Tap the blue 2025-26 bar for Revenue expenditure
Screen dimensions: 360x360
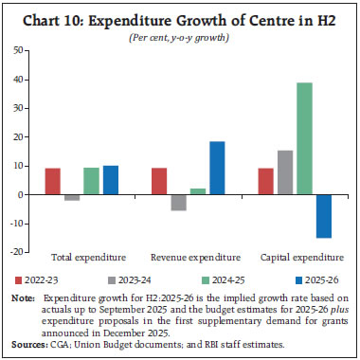point(217,168)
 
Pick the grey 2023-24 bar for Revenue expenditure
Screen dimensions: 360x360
point(177,202)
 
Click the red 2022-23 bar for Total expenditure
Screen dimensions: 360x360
point(53,181)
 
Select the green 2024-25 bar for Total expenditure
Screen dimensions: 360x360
point(92,181)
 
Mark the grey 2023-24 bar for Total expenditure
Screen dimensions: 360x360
point(72,197)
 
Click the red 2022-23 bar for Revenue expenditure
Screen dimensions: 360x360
point(158,181)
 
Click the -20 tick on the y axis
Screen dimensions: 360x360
point(18,252)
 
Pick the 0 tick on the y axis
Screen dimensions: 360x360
point(22,194)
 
